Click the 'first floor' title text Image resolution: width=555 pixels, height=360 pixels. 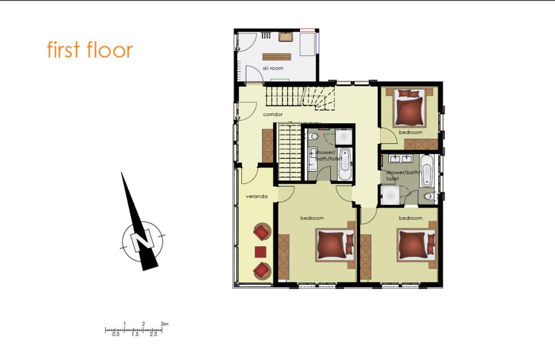pyautogui.click(x=90, y=49)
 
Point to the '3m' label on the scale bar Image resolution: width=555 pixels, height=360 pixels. pyautogui.click(x=164, y=324)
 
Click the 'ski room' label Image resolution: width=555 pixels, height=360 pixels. pyautogui.click(x=273, y=68)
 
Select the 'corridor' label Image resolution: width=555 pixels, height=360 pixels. pyautogui.click(x=273, y=115)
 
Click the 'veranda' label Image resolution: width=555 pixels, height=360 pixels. pyautogui.click(x=257, y=196)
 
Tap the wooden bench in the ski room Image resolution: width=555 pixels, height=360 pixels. pyautogui.click(x=277, y=57)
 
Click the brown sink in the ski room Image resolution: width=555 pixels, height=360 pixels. pyautogui.click(x=286, y=37)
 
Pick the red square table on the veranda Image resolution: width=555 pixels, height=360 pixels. pyautogui.click(x=261, y=252)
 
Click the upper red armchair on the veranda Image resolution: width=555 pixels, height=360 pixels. pyautogui.click(x=262, y=232)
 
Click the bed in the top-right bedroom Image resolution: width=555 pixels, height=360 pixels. pyautogui.click(x=409, y=108)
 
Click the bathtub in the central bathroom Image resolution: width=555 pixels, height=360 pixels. pyautogui.click(x=345, y=164)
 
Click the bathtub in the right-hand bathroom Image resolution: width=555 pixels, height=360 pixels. pyautogui.click(x=427, y=171)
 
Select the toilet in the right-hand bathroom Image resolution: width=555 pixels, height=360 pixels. pyautogui.click(x=429, y=196)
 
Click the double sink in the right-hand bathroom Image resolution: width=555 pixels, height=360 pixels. pyautogui.click(x=400, y=158)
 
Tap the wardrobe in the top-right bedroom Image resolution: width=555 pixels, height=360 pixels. pyautogui.click(x=421, y=144)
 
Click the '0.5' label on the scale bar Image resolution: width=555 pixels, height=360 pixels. pyautogui.click(x=116, y=334)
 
